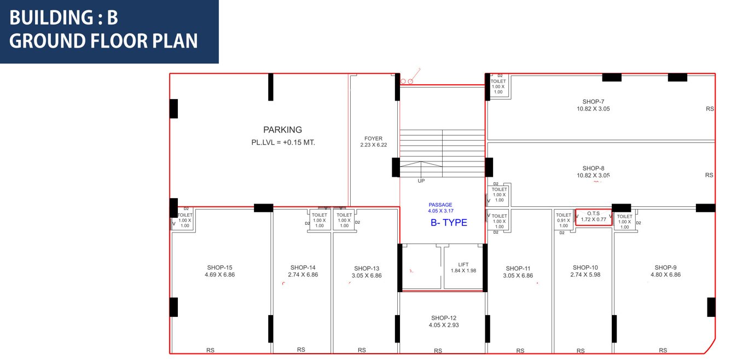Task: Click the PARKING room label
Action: [x=282, y=130]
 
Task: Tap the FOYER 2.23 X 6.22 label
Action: [x=373, y=142]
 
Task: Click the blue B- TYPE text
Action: [x=449, y=223]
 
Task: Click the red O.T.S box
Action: [x=593, y=217]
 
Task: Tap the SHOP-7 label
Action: [x=593, y=102]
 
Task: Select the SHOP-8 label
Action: [x=593, y=169]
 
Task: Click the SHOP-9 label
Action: [x=665, y=268]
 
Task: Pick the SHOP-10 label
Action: [x=585, y=268]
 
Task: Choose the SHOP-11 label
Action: [x=518, y=269]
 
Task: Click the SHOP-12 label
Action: [x=443, y=318]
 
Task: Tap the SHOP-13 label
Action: [x=367, y=269]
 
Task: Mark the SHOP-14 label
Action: [x=303, y=268]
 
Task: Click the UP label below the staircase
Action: [x=421, y=181]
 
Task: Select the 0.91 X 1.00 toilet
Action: [x=563, y=220]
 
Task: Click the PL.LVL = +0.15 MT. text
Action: [x=282, y=142]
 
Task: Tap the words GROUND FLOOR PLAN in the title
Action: [x=103, y=42]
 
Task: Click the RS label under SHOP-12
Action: [x=438, y=351]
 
